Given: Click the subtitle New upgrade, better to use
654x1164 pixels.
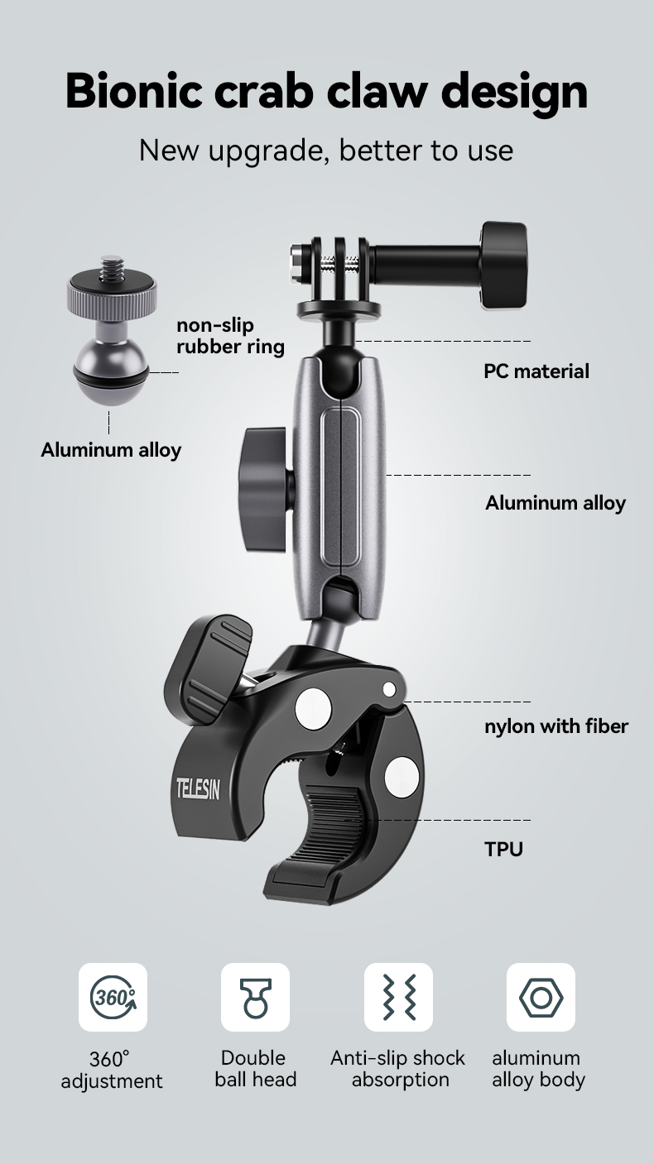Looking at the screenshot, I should click(326, 150).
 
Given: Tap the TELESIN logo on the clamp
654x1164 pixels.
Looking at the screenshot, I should click(197, 789).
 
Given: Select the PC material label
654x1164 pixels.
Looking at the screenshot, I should click(536, 371).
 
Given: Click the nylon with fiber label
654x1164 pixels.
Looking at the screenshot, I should click(555, 726).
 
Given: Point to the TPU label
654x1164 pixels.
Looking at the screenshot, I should click(503, 849).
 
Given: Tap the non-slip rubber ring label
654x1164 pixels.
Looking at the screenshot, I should click(230, 336).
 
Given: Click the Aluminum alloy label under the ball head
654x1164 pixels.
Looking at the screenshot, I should click(111, 450).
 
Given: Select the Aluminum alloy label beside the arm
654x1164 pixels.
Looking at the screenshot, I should click(555, 503).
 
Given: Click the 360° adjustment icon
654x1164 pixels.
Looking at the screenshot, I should click(113, 997).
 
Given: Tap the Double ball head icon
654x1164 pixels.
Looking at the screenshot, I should click(255, 997).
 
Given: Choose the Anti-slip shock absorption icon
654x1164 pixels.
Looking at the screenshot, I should click(399, 997).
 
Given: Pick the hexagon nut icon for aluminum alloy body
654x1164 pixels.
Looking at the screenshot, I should click(541, 997).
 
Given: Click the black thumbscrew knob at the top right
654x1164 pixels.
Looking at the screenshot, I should click(504, 266).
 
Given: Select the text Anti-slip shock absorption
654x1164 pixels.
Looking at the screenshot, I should click(398, 1069).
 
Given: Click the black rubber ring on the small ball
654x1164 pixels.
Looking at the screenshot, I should click(109, 378).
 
